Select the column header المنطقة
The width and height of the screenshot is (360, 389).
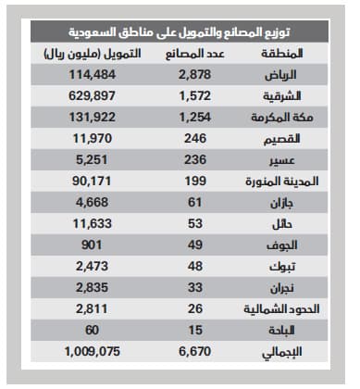click(x=288, y=54)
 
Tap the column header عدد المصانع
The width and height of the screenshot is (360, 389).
click(x=195, y=54)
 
